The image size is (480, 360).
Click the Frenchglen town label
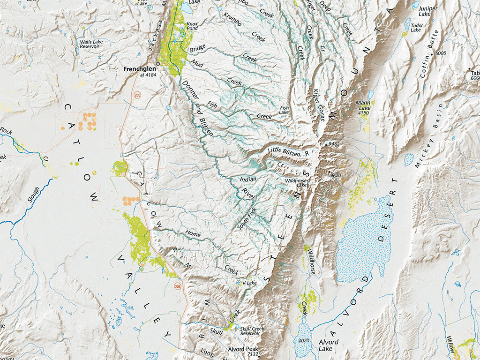pos(139,69)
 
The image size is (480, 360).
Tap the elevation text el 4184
pos(148,75)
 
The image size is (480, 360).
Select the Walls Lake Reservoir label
pos(91,44)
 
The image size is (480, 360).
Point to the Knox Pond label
pos(192,25)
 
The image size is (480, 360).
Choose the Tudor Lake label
pos(416,27)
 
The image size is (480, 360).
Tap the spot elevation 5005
pos(441,53)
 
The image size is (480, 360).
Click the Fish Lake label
pos(284,110)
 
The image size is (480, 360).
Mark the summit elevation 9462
pos(334,143)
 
